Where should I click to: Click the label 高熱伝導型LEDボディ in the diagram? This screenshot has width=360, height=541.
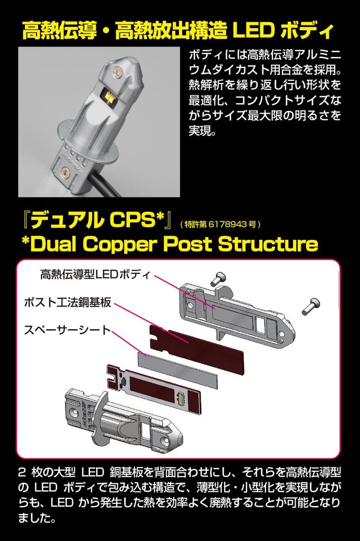pos(96,275)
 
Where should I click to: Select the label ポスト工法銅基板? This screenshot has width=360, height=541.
pos(68,303)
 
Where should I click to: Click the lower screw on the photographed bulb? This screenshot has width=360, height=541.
pos(65,171)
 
